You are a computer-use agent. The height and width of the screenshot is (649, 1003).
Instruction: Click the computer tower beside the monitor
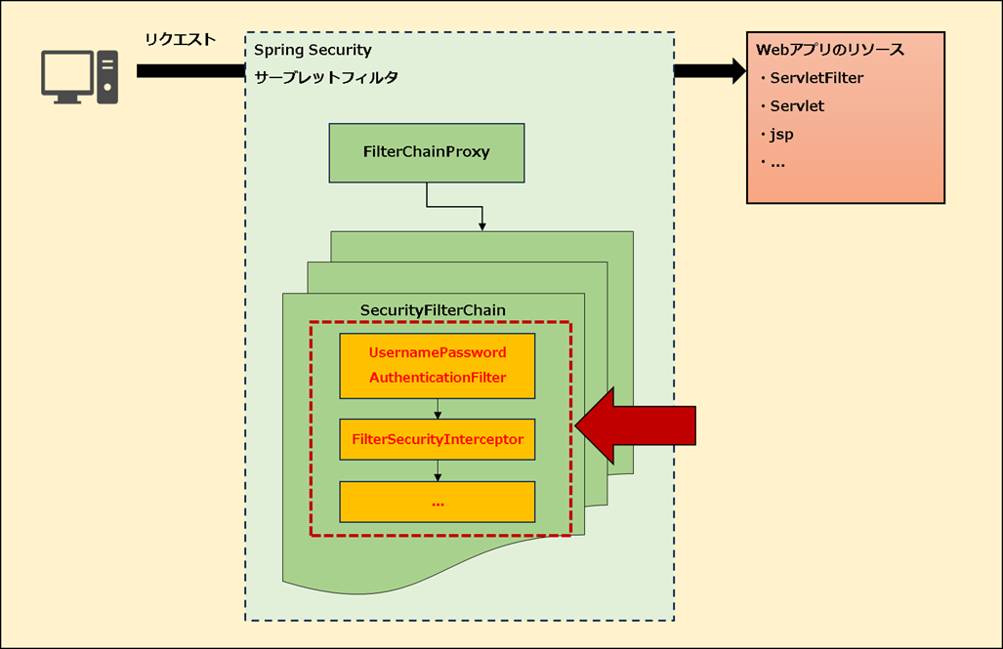[x=106, y=76]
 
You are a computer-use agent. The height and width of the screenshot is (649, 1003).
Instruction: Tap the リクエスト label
[x=180, y=39]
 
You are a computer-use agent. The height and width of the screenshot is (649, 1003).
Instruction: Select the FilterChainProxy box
[x=426, y=152]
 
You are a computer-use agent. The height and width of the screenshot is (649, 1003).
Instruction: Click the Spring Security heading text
[x=313, y=49]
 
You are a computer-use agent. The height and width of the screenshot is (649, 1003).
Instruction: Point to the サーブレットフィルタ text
[x=325, y=77]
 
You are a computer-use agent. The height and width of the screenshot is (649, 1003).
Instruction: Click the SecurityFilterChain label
[x=433, y=310]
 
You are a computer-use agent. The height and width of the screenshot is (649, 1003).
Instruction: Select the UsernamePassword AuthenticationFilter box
[x=437, y=365]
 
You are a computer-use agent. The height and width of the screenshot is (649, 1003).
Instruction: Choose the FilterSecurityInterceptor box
[x=437, y=439]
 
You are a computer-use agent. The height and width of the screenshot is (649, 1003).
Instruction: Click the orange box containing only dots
[x=437, y=502]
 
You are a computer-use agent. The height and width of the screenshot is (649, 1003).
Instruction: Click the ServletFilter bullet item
[x=815, y=78]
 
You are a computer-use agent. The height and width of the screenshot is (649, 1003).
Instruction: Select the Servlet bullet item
[x=796, y=105]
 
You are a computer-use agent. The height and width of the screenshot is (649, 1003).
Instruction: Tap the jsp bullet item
[x=781, y=134]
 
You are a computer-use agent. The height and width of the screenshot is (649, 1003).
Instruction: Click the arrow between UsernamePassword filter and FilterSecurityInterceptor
[x=438, y=409]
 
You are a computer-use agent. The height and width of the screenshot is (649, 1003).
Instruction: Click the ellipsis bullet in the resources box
[x=777, y=162]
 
